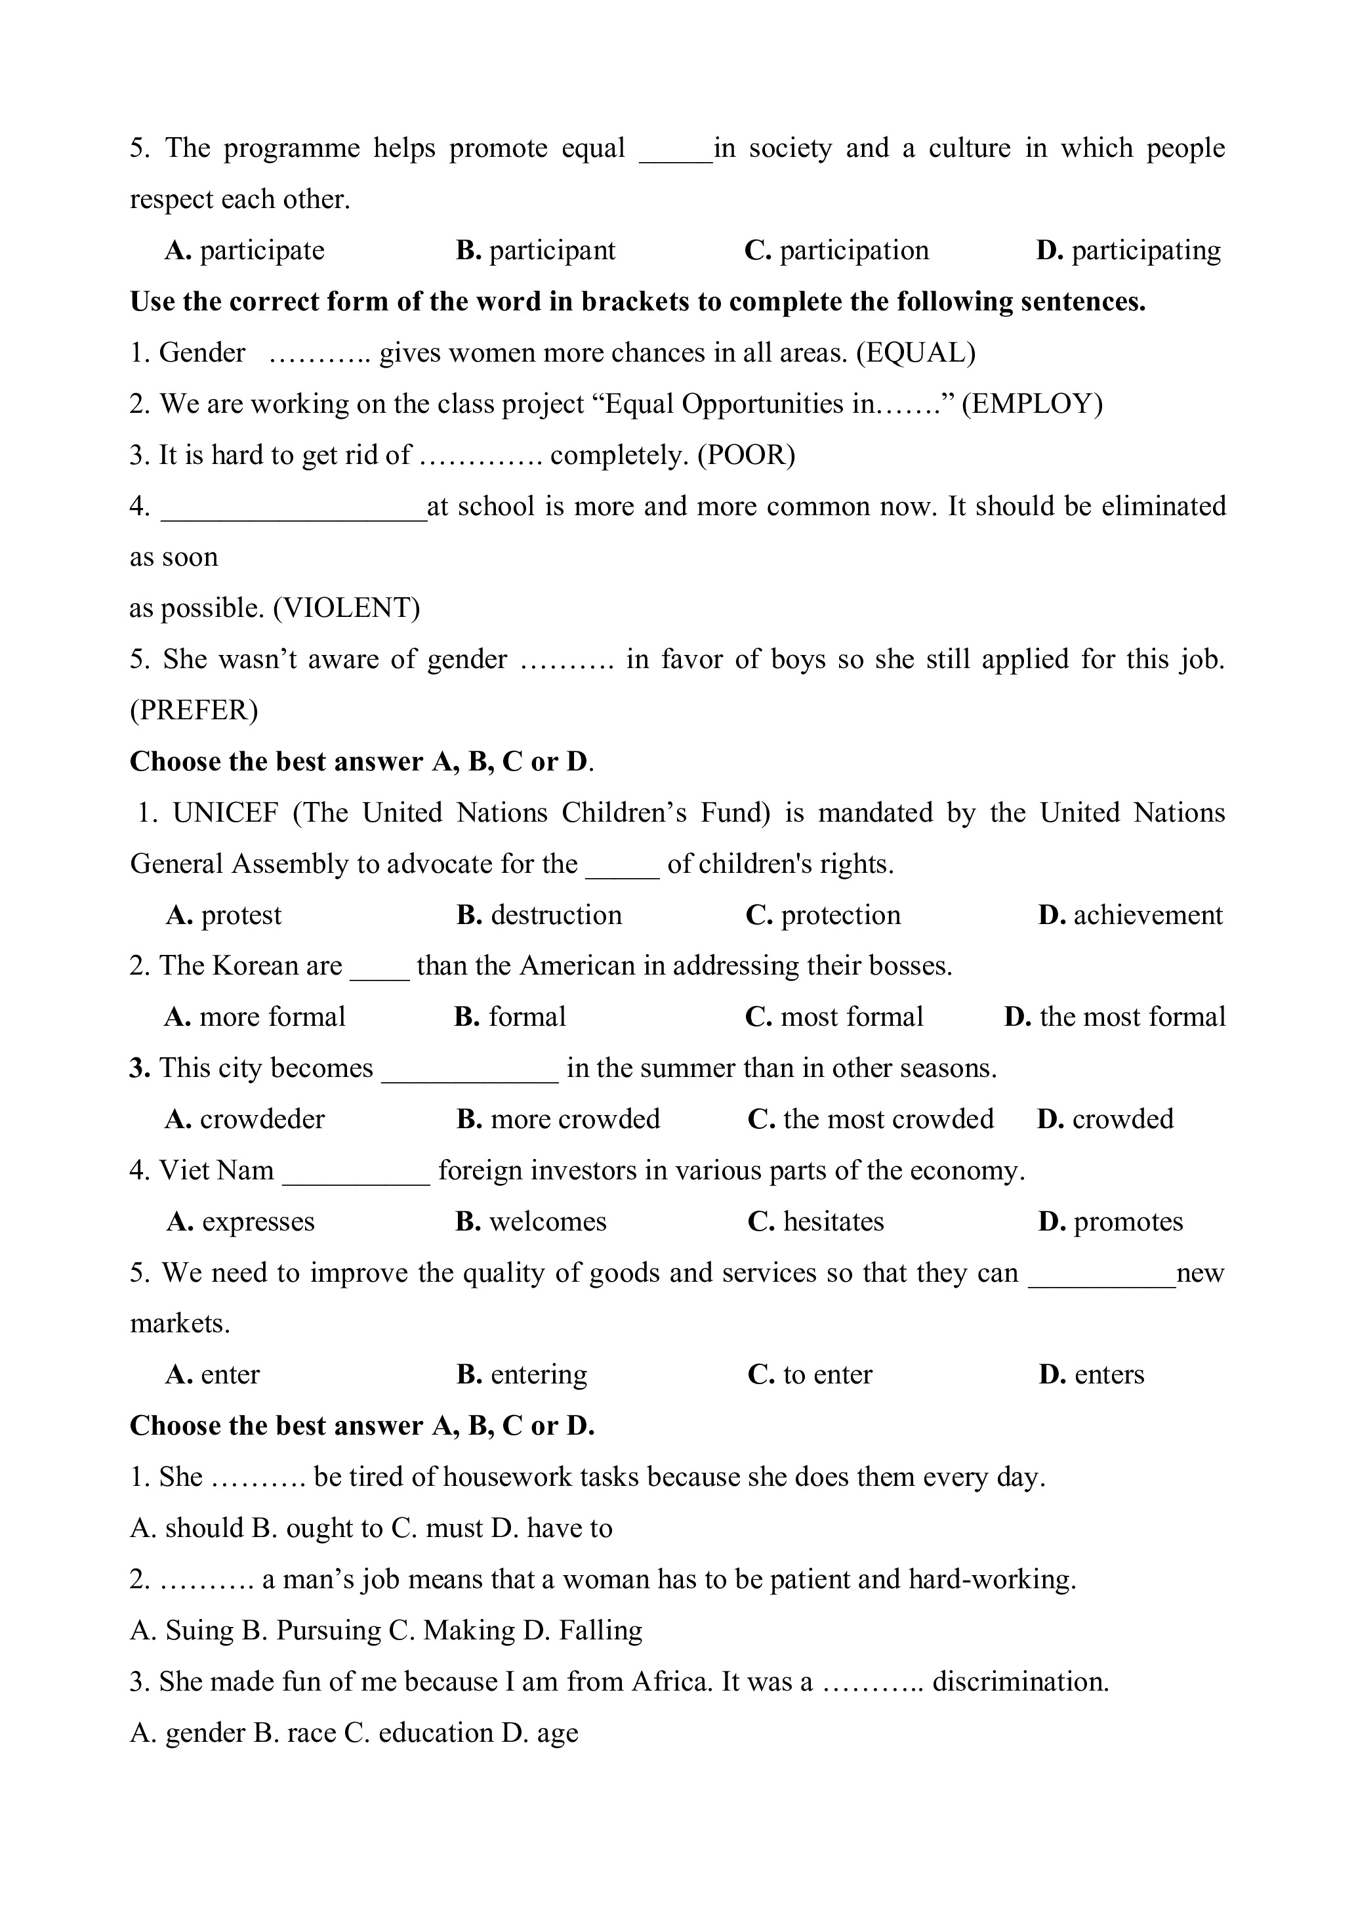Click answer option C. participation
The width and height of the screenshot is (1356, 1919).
[836, 250]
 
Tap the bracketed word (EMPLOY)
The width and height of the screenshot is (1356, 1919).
[1032, 404]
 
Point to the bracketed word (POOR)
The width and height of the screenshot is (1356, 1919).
[746, 455]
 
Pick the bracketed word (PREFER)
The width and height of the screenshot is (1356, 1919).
[194, 710]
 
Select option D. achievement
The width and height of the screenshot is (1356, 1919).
[1130, 916]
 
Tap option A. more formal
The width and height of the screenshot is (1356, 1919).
[255, 1017]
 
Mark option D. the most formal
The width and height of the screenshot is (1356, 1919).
[1115, 1017]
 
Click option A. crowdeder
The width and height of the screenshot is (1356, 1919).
[245, 1119]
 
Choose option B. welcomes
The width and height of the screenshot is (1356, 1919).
[531, 1222]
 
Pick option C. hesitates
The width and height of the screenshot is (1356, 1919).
[815, 1222]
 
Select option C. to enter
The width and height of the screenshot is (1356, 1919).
[810, 1375]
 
